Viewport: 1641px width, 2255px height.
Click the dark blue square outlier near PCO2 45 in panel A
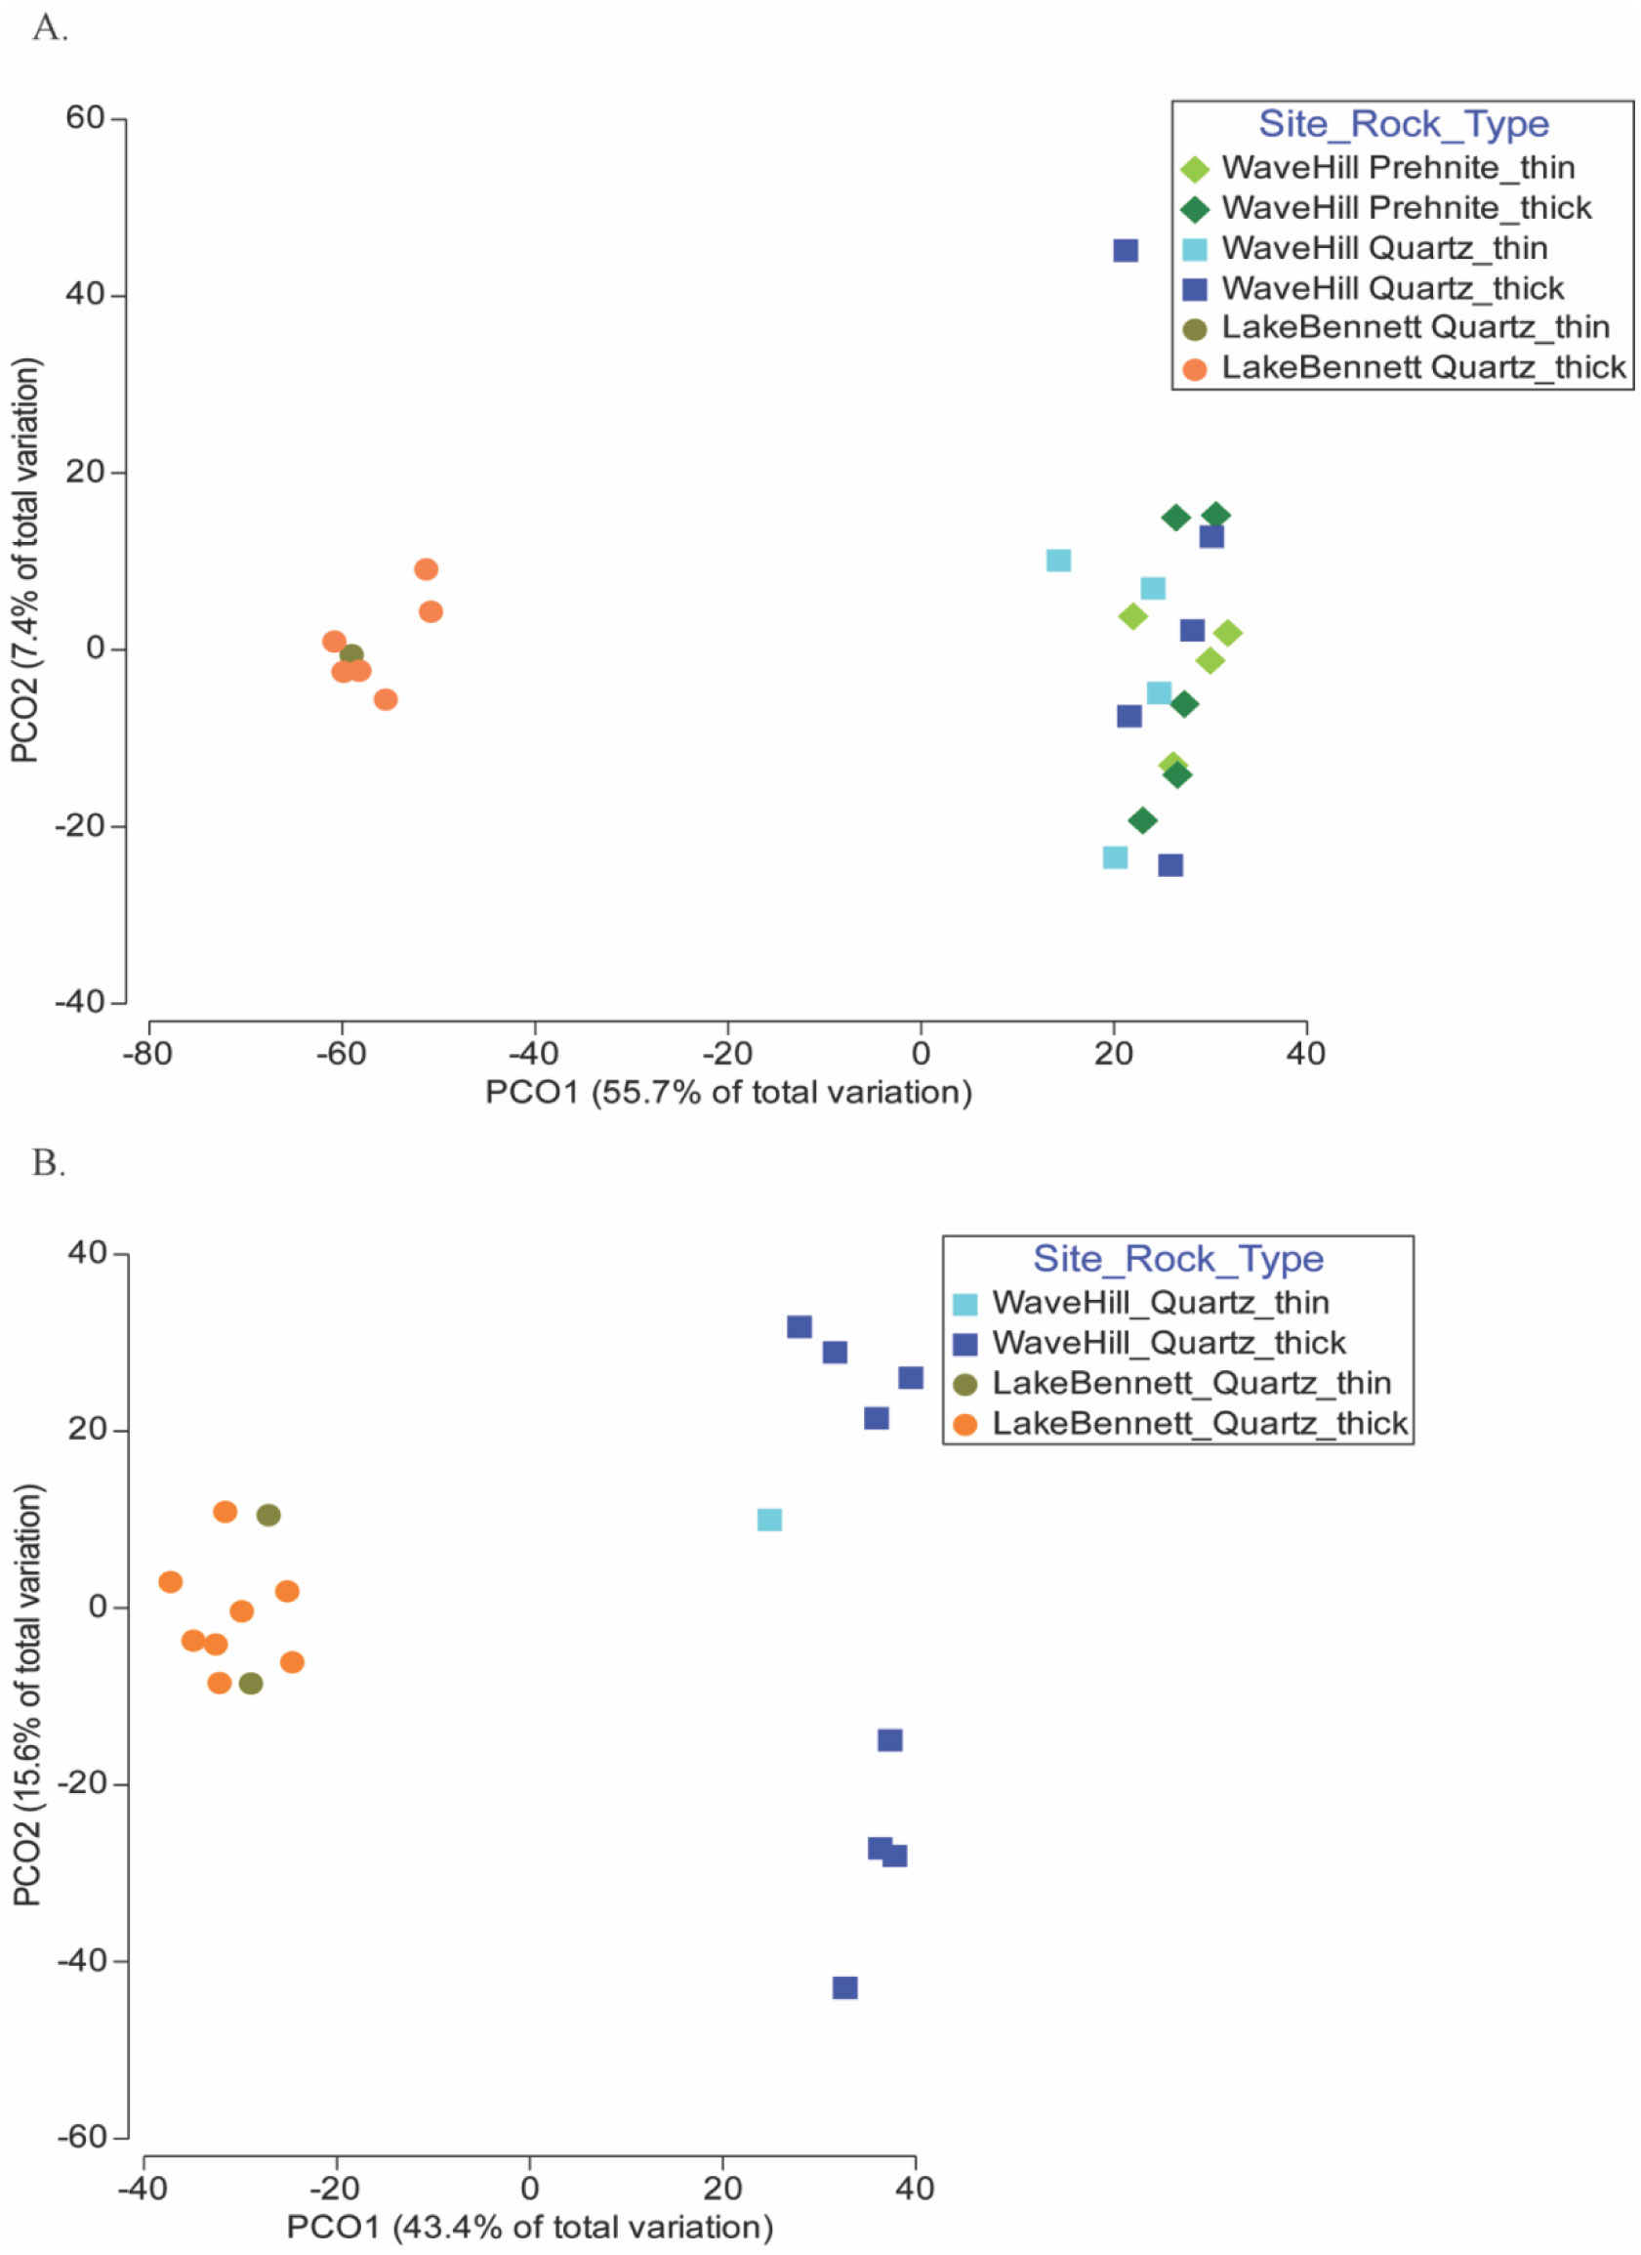1125,251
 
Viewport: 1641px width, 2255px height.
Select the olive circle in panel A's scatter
351,655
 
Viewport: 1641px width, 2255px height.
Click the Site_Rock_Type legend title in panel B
1178,1259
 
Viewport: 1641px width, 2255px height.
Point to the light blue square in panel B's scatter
769,1521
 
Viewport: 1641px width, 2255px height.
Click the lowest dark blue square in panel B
844,1987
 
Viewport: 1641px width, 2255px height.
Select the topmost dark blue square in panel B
800,1326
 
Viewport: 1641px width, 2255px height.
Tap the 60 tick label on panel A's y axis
85,118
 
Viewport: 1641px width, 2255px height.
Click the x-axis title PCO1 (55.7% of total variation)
727,1093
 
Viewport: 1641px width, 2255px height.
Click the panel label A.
50,29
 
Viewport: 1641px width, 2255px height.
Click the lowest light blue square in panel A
1115,857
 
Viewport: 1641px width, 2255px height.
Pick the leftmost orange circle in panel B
171,1582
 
